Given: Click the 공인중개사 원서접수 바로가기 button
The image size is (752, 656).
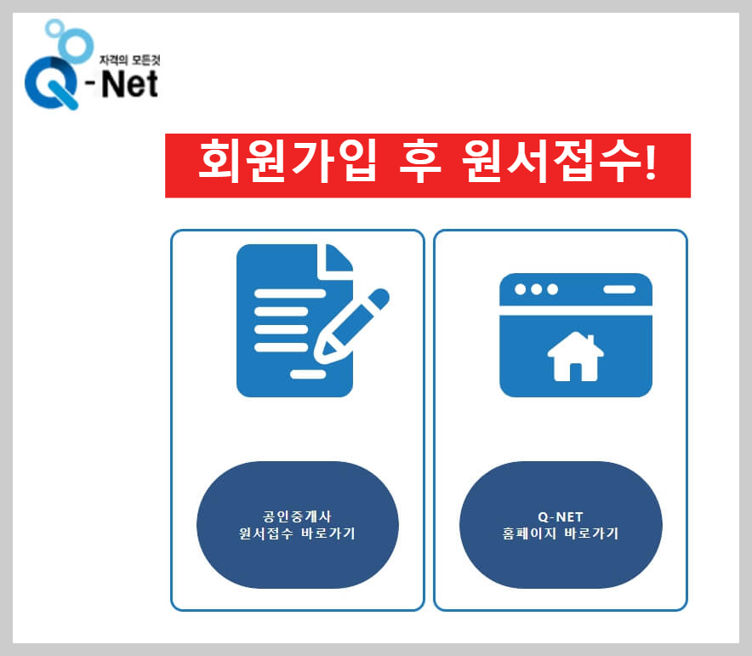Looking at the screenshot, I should (x=298, y=525).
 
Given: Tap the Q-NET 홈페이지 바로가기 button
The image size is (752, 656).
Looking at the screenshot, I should (x=561, y=525).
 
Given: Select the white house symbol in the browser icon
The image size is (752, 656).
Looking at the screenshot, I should (x=575, y=357).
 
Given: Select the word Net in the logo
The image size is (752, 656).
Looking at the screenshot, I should (x=130, y=84).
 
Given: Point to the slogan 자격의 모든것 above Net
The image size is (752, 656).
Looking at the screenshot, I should (x=129, y=62).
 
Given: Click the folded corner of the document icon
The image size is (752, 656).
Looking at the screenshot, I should (x=335, y=260).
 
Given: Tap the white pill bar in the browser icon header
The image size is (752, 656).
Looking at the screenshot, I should (x=618, y=289).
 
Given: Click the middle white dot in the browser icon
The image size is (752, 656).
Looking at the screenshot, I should (x=536, y=289).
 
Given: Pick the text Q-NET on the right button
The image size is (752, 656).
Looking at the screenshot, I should (x=561, y=516).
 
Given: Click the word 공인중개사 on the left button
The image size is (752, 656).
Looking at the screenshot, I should (x=298, y=516).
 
